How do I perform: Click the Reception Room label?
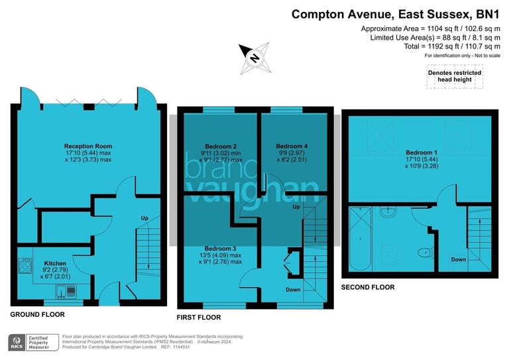pyautogui.click(x=88, y=146)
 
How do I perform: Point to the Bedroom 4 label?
pyautogui.click(x=292, y=146)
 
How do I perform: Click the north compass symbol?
pyautogui.click(x=253, y=57)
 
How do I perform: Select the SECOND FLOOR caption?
pyautogui.click(x=367, y=287)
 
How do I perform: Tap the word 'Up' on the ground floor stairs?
pyautogui.click(x=145, y=218)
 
